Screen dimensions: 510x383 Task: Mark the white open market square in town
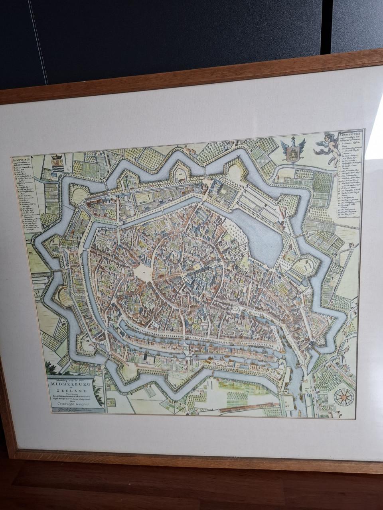(142, 273)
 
